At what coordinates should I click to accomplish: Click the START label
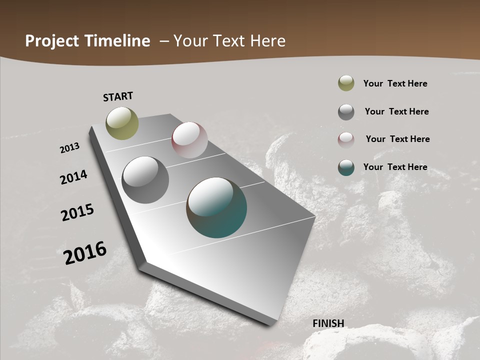click(118, 96)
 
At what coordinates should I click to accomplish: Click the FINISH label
click(328, 323)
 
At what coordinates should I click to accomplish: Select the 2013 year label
click(70, 148)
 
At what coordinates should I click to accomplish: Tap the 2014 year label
click(74, 177)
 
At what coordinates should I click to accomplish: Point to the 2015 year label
click(77, 212)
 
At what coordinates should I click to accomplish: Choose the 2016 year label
click(85, 253)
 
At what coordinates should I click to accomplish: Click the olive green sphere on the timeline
click(122, 123)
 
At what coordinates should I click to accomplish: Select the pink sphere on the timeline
click(189, 140)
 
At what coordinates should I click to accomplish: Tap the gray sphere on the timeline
click(145, 180)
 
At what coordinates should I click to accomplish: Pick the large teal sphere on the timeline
click(216, 207)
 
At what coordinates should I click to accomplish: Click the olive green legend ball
click(346, 83)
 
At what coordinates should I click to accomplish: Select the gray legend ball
click(346, 112)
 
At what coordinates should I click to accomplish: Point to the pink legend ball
click(346, 139)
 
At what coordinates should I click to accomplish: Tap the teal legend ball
click(346, 167)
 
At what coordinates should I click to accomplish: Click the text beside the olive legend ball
click(395, 83)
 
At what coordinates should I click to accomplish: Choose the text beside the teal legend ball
click(395, 167)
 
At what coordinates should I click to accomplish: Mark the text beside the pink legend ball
click(397, 139)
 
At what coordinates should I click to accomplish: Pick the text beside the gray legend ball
click(396, 111)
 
